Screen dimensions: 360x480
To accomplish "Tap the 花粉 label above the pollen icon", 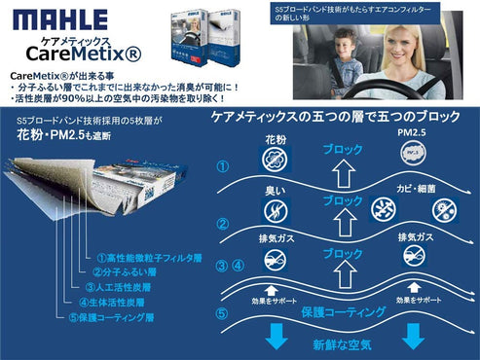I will coord(275,140).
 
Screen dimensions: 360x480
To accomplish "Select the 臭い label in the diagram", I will coord(275,191).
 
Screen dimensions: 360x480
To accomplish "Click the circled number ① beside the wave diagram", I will coord(222,166).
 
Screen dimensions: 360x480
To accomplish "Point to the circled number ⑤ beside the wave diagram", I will coord(222,313).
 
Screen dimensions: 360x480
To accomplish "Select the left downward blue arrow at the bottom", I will coord(276,337).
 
